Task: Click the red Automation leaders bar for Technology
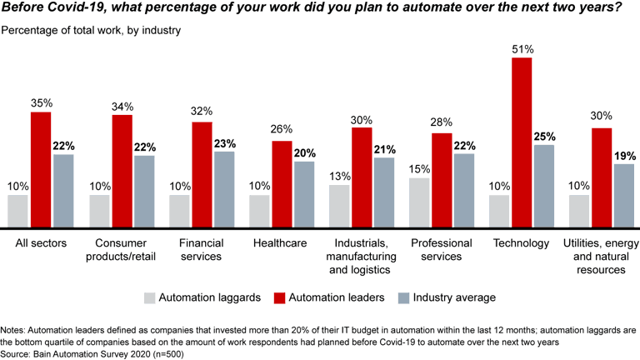click(x=522, y=142)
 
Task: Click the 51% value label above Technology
click(x=522, y=50)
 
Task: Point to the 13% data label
click(x=340, y=177)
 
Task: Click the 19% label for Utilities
click(x=625, y=156)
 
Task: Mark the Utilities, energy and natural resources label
click(x=602, y=257)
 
